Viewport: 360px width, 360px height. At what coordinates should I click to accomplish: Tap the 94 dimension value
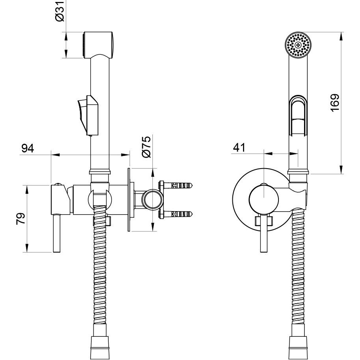pyautogui.click(x=28, y=148)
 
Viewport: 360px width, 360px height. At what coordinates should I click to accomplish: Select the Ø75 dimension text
pyautogui.click(x=147, y=147)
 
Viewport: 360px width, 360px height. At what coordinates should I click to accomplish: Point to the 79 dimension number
pyautogui.click(x=20, y=219)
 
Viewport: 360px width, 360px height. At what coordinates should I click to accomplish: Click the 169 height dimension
pyautogui.click(x=335, y=103)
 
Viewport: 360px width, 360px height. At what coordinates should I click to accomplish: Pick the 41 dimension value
pyautogui.click(x=239, y=148)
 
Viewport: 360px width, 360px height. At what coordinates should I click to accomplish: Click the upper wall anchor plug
pyautogui.click(x=175, y=185)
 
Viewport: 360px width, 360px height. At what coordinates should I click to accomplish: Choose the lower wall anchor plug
pyautogui.click(x=175, y=214)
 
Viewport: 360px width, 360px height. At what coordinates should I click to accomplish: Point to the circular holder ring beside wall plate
pyautogui.click(x=152, y=199)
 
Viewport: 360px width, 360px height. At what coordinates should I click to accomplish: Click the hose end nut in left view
pyautogui.click(x=100, y=348)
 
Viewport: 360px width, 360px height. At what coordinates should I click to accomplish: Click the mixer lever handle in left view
pyautogui.click(x=57, y=234)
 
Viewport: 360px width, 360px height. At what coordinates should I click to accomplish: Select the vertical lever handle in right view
pyautogui.click(x=264, y=234)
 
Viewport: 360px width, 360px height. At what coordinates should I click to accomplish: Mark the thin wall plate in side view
pyautogui.click(x=129, y=200)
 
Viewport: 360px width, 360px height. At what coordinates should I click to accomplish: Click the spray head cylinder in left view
pyautogui.click(x=98, y=45)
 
